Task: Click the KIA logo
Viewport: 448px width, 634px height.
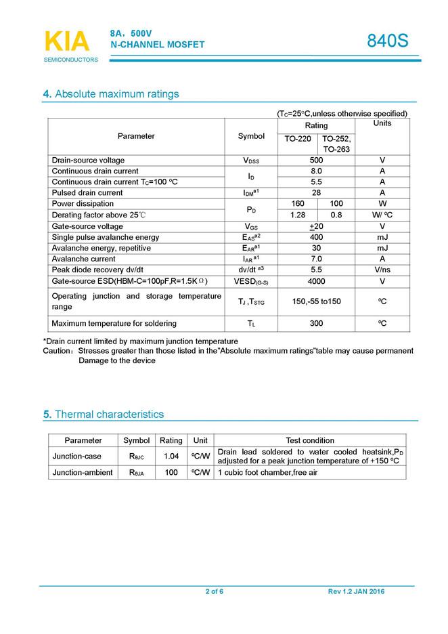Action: pos(67,42)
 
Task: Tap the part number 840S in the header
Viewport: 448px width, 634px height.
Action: pos(388,41)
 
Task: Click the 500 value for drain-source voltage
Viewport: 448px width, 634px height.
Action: pos(316,160)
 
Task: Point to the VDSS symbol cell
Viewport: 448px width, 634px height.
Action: pos(251,160)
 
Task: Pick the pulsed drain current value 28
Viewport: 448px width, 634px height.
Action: pos(316,192)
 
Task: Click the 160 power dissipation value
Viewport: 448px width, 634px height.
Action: pos(297,204)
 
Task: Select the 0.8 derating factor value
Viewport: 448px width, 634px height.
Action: pos(336,215)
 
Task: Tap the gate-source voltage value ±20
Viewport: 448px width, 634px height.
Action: pos(316,226)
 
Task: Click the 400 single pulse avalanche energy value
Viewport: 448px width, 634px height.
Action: pos(316,237)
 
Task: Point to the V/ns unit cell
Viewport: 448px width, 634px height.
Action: pos(382,270)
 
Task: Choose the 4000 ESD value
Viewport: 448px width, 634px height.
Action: pos(316,281)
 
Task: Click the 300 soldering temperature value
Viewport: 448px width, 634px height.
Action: pos(316,323)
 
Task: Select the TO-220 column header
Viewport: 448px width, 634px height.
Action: pos(298,139)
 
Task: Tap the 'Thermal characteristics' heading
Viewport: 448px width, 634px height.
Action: pos(109,414)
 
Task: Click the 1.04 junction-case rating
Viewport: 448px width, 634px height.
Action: pos(171,456)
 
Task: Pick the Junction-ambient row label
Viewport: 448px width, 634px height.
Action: pos(83,472)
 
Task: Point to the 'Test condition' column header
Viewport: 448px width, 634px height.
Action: pos(310,440)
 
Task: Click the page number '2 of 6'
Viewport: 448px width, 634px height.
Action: pos(215,592)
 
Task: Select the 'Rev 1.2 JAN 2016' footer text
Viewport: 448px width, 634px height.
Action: pos(356,592)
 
